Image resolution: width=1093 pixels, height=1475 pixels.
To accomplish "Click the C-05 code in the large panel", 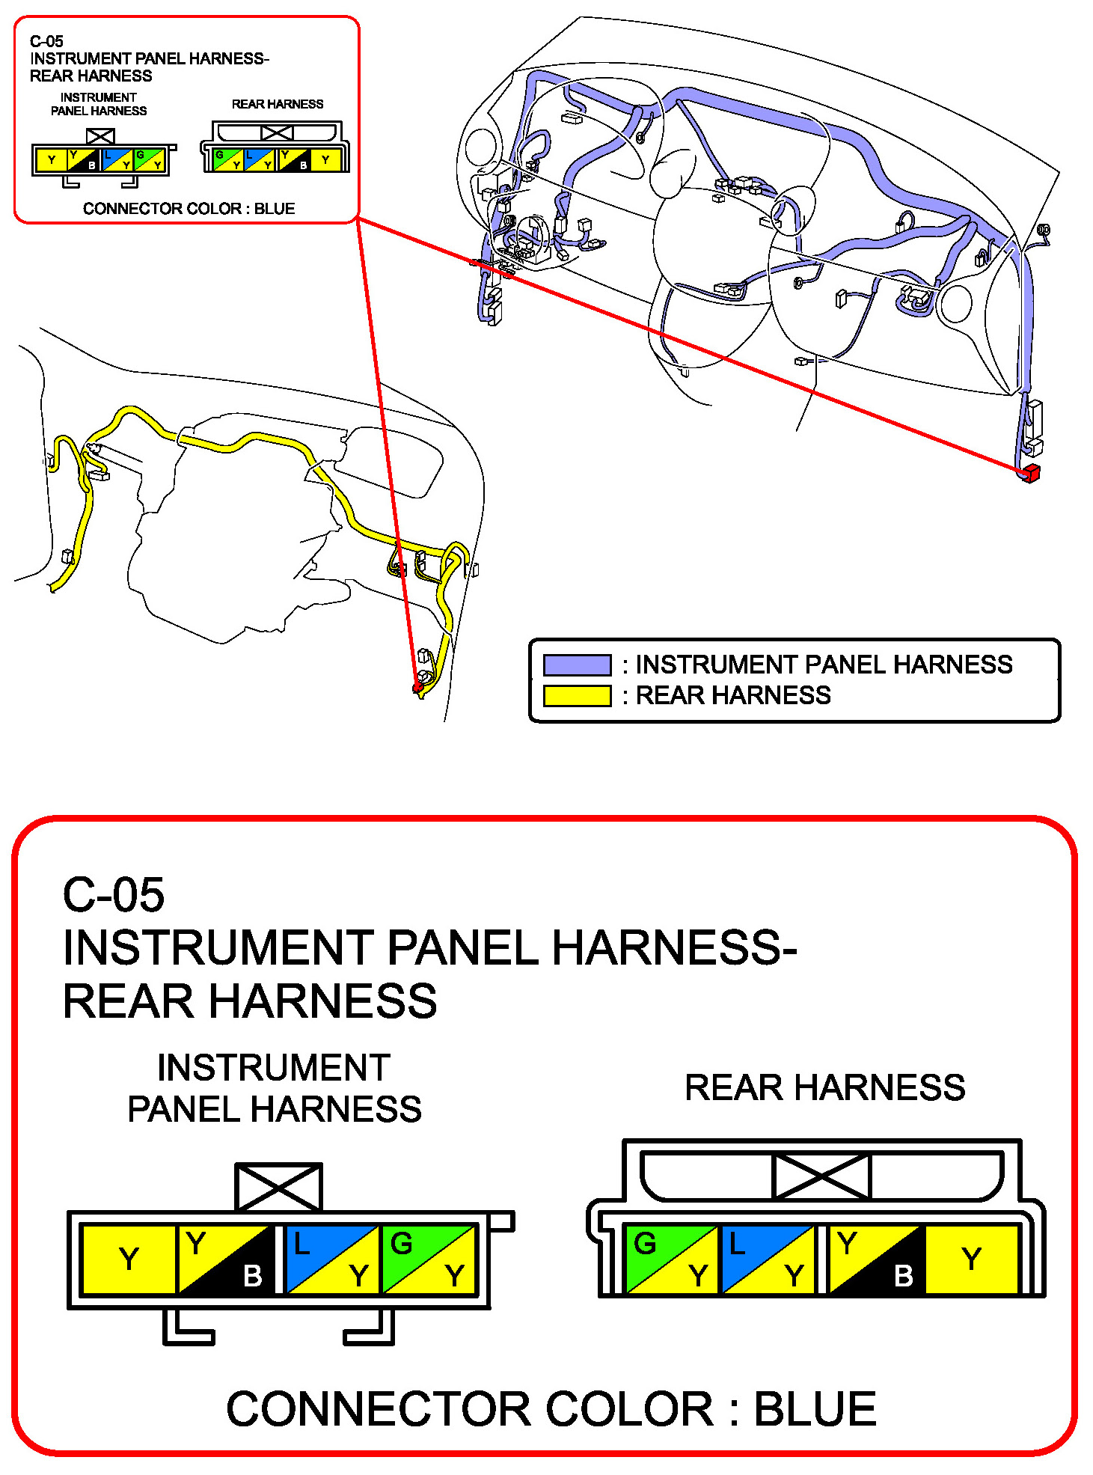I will click(113, 894).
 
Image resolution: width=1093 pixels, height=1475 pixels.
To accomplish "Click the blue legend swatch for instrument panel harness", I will click(577, 665).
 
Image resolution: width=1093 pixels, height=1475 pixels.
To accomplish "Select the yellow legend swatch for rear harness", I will click(577, 696).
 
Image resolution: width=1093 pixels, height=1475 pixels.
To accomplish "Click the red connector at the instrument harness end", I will click(1030, 473).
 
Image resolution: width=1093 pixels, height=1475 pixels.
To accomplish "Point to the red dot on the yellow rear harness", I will click(418, 686).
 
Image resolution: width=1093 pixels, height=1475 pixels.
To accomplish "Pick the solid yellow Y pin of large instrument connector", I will click(128, 1259).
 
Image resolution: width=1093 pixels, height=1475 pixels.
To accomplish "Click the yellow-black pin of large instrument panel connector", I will click(225, 1259).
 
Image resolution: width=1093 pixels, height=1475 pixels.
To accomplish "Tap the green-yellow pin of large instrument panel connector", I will click(429, 1259).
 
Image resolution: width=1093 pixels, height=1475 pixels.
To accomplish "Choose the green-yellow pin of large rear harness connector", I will click(671, 1259).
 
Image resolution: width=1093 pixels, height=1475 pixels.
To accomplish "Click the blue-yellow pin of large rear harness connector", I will click(767, 1259).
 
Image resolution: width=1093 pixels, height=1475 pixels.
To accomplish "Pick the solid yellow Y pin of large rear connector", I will click(972, 1259).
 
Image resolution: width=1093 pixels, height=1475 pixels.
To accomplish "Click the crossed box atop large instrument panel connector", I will click(278, 1187).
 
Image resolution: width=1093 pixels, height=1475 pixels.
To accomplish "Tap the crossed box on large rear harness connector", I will click(821, 1176).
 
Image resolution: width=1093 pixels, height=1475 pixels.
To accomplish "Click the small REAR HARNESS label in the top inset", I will click(278, 104).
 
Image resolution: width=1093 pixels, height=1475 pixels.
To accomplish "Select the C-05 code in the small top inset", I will click(46, 41).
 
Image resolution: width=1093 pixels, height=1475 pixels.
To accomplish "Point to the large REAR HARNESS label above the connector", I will click(824, 1087).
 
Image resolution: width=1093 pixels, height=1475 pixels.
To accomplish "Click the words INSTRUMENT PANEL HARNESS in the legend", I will click(824, 665).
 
